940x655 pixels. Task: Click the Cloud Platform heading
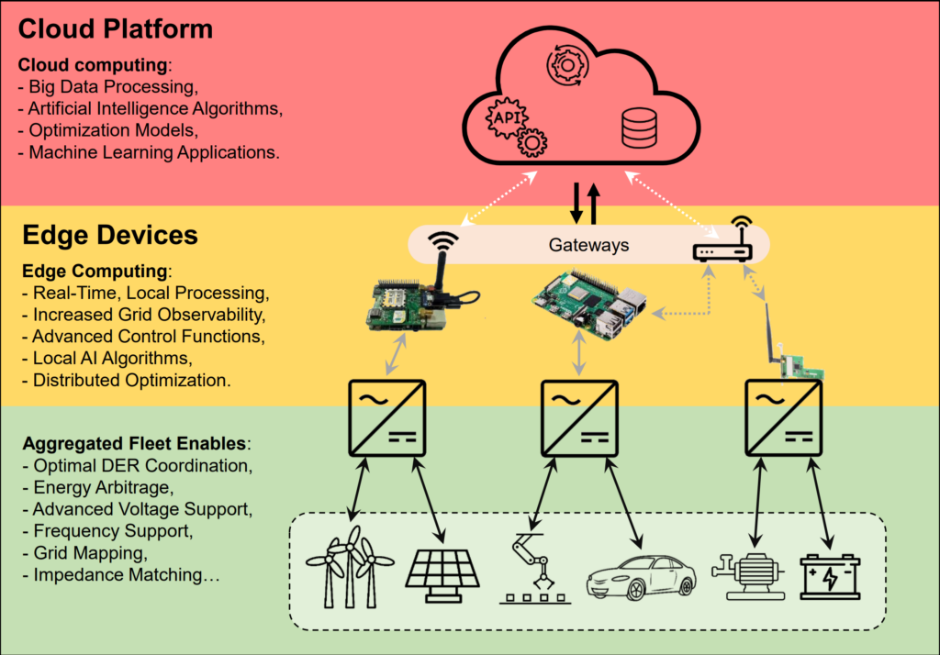116,28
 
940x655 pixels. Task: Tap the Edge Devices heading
109,235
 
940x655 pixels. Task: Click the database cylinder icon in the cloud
638,128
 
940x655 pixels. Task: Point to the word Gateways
588,245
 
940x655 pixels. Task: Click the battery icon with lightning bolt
830,577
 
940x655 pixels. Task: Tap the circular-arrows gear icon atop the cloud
567,65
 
